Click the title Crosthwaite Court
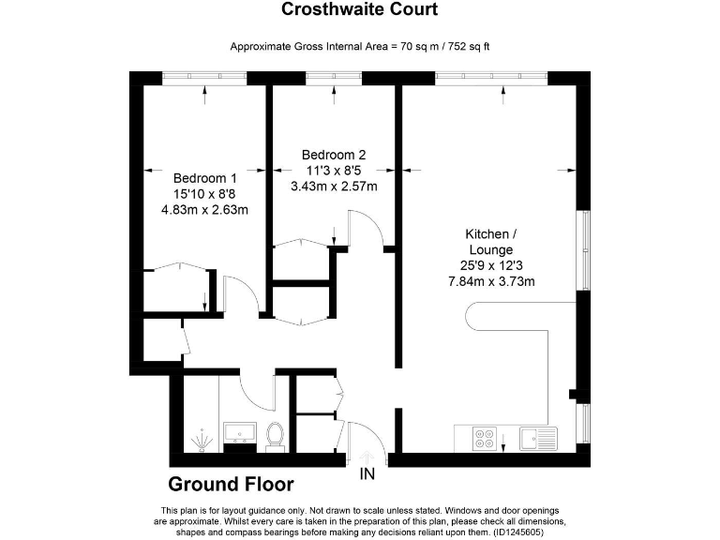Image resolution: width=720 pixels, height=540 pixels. coord(360,10)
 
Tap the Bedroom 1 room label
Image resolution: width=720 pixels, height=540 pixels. coord(204,178)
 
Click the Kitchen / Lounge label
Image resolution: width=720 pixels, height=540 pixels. coord(487,242)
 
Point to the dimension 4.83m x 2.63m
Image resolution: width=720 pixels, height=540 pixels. coord(204,210)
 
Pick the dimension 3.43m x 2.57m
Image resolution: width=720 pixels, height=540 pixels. coord(334,186)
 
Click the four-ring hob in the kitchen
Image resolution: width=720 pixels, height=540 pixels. coord(486,438)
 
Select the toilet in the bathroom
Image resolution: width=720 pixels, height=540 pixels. coord(275,435)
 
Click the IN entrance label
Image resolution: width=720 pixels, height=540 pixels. coord(367,474)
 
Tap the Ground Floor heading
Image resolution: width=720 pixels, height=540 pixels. coord(231,485)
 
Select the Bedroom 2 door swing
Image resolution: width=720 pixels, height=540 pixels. coord(364,229)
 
